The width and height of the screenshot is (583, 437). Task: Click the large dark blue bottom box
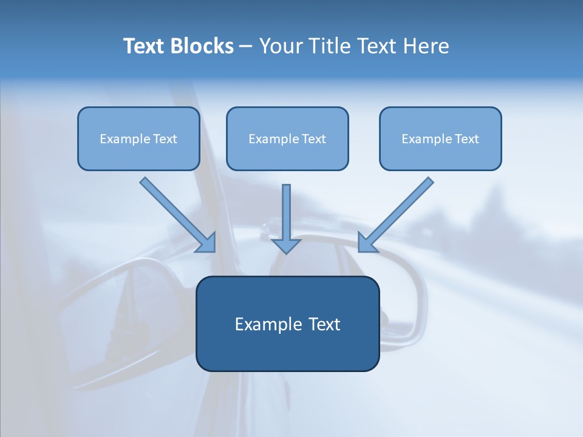287,352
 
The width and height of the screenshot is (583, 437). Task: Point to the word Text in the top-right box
467,139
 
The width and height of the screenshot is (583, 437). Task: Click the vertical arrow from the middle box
286,212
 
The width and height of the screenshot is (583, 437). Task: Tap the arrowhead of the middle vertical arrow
286,246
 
